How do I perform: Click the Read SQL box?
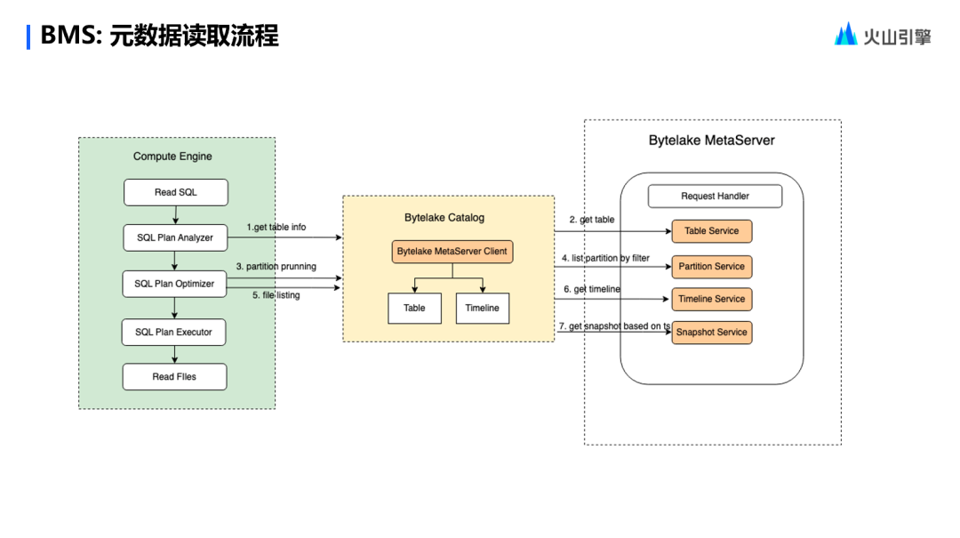[x=176, y=192]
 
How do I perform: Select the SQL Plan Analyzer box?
[x=174, y=237]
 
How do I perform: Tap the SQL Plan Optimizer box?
[x=174, y=284]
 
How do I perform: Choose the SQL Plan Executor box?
[x=174, y=332]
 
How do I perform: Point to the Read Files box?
[x=174, y=376]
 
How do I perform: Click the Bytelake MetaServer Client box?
[x=452, y=252]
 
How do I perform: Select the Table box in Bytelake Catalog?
[x=414, y=308]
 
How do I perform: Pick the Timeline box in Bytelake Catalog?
[x=483, y=308]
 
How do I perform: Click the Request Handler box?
[x=715, y=196]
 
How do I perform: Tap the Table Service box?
[x=711, y=231]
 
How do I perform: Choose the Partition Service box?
[x=711, y=267]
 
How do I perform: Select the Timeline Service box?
[x=711, y=299]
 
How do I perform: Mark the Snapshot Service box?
[x=711, y=333]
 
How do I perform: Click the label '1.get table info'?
[x=276, y=228]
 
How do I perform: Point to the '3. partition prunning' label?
[x=276, y=266]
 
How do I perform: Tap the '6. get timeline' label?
[x=592, y=289]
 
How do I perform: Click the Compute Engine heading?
[x=172, y=157]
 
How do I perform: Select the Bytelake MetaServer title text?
[x=711, y=141]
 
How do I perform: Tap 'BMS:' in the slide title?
[x=72, y=36]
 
